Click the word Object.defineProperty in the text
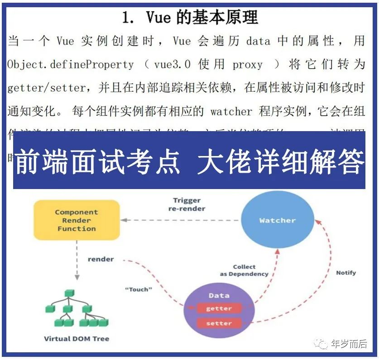71,65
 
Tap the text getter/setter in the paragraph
46,88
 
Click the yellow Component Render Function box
77,220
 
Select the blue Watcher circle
277,221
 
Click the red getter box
219,308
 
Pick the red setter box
219,323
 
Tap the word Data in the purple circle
219,295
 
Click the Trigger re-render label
187,204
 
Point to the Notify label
346,273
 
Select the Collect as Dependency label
244,270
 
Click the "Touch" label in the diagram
138,289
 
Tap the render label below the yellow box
101,259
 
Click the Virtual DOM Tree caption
77,338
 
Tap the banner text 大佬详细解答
281,161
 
